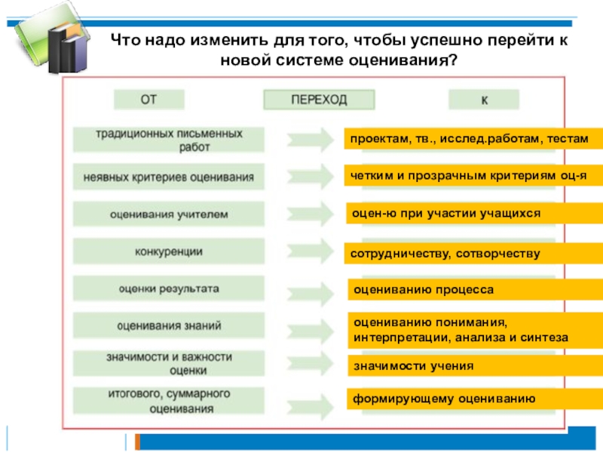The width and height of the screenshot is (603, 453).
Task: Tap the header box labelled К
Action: click(x=483, y=100)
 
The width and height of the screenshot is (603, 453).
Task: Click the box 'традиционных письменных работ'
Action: click(x=169, y=140)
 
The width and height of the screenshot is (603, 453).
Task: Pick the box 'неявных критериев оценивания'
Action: click(x=169, y=177)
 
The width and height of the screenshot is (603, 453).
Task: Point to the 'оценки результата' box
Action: click(x=169, y=288)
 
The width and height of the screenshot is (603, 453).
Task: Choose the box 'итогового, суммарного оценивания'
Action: click(x=169, y=400)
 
